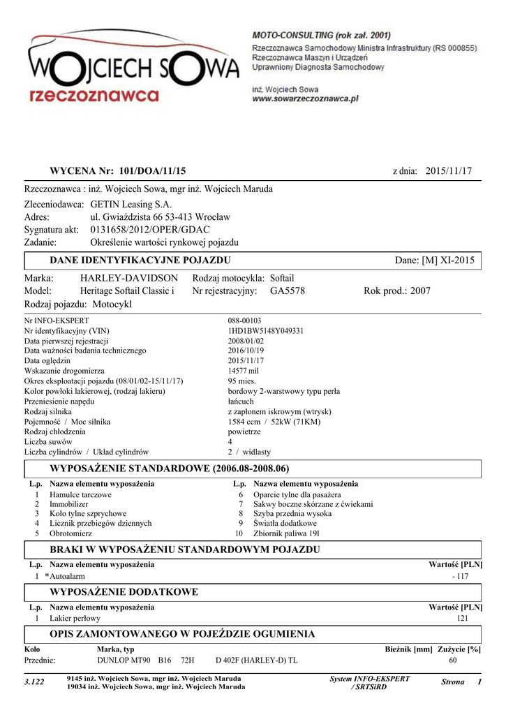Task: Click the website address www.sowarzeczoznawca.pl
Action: [304, 99]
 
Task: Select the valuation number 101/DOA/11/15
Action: [153, 171]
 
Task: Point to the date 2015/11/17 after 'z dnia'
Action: [449, 171]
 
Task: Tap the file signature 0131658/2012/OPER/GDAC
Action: [150, 230]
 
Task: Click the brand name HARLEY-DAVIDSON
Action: [129, 279]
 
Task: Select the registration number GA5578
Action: [287, 291]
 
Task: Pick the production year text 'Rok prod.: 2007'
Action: [397, 291]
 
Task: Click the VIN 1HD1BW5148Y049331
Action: [265, 331]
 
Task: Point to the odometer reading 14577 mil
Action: [243, 371]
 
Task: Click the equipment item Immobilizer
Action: [69, 503]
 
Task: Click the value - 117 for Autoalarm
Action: [460, 576]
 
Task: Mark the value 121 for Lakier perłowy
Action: [462, 619]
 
